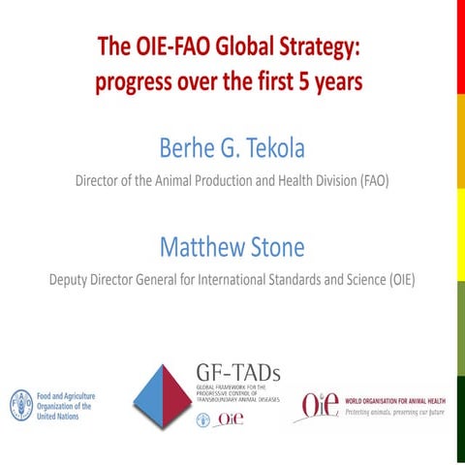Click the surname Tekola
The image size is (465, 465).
point(270,148)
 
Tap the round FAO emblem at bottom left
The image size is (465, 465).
point(20,403)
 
